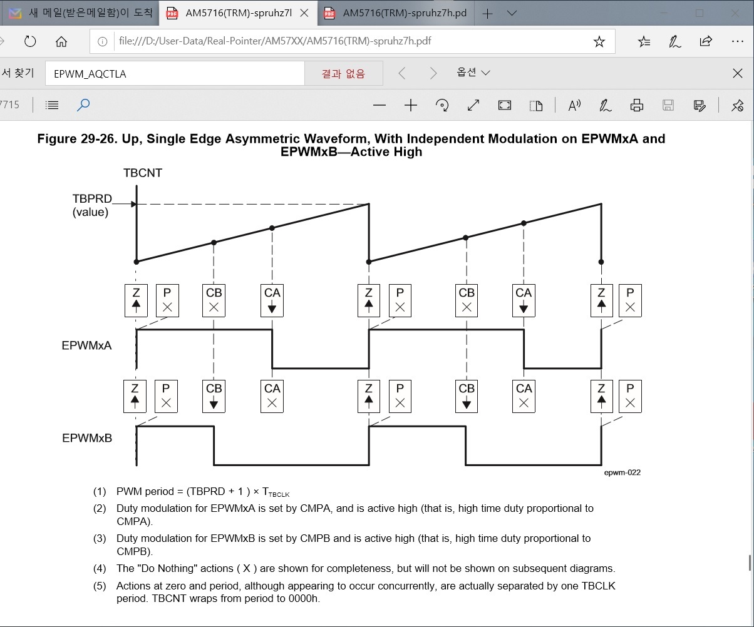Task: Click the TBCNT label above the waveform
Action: (143, 173)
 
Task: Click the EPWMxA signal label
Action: (86, 345)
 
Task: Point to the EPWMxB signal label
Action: (87, 438)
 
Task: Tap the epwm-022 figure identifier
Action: (622, 472)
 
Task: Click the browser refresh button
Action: (30, 42)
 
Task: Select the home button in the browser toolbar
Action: (61, 42)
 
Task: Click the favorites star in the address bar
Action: (599, 42)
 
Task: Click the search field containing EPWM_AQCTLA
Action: (175, 74)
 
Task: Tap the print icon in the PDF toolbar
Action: (637, 105)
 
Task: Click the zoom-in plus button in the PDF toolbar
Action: (411, 105)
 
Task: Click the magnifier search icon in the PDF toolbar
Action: (83, 105)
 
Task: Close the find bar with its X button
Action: (738, 74)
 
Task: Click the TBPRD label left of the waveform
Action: (92, 199)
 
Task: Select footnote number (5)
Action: (100, 586)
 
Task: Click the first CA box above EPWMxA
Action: (272, 300)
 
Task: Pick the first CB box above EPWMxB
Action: (214, 396)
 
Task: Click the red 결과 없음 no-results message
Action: (343, 74)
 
